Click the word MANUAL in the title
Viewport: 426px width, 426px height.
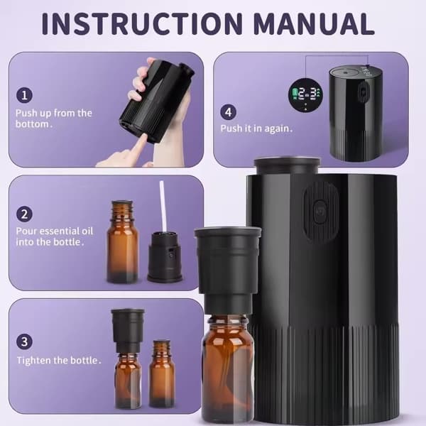click(314, 23)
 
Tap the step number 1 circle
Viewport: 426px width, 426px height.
click(24, 95)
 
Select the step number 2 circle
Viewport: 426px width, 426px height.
click(24, 214)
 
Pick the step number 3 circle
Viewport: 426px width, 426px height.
click(24, 342)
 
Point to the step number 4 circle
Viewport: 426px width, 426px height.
click(228, 112)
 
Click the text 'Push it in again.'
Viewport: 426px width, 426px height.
click(256, 129)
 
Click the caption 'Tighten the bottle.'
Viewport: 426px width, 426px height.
click(59, 360)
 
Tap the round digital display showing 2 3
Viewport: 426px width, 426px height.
click(305, 95)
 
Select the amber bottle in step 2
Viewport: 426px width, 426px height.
click(122, 242)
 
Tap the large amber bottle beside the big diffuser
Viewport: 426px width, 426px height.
click(228, 369)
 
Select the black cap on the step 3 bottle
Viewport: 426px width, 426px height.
click(127, 331)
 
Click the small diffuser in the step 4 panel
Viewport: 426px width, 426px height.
click(356, 114)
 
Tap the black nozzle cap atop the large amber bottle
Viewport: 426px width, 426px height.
click(228, 271)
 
